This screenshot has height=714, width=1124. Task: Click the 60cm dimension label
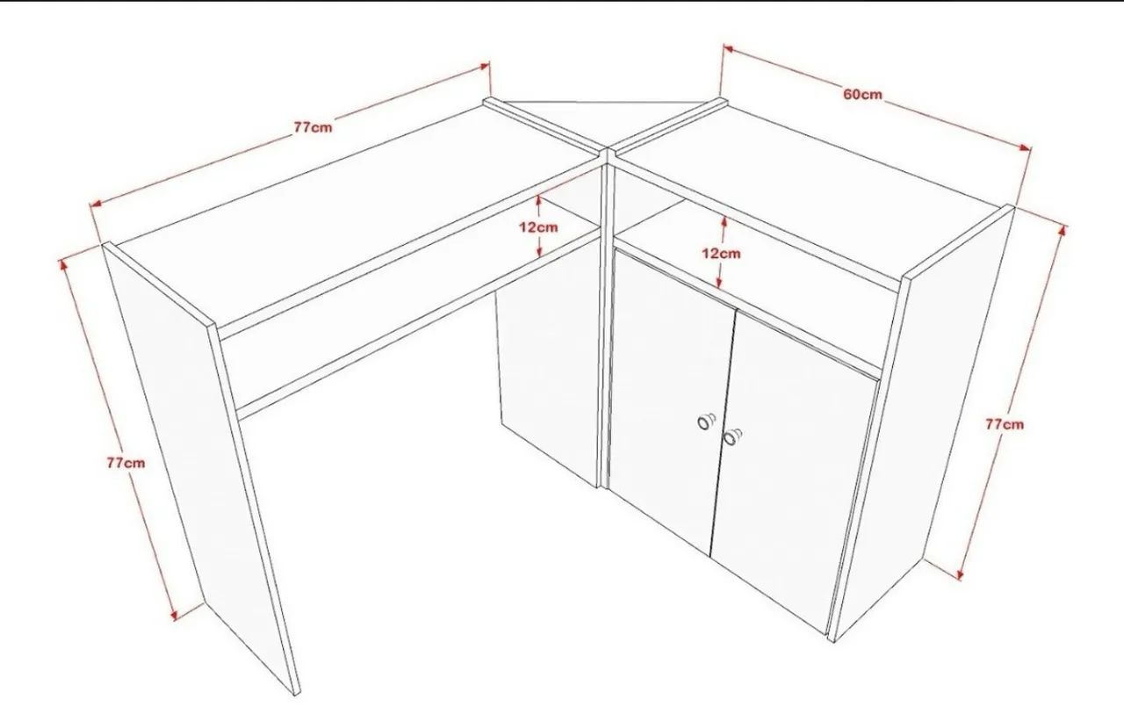[862, 94]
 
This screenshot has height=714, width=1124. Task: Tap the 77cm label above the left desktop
[313, 127]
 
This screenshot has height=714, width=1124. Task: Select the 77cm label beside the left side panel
[126, 463]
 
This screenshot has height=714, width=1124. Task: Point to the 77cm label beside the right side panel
[1005, 424]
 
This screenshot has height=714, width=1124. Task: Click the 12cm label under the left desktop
[538, 227]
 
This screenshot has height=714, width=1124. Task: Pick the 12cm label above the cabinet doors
[721, 254]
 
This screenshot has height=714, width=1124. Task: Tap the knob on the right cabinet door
[732, 436]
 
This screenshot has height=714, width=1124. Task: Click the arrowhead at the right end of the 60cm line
[1025, 148]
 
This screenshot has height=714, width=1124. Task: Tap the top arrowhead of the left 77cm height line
[63, 264]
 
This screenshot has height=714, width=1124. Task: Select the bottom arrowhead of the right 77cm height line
[960, 574]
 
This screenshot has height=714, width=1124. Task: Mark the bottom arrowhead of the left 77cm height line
[174, 615]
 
